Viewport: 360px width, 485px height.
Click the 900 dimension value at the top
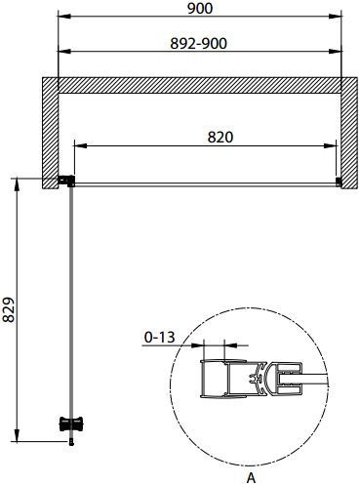[200, 8]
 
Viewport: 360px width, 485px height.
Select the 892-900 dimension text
[199, 44]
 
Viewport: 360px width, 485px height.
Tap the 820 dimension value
[220, 137]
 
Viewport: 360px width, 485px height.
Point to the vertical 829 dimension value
[9, 309]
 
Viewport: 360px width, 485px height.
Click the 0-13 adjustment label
[159, 338]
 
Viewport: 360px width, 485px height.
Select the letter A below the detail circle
[251, 477]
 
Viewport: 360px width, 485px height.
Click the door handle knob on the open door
[71, 424]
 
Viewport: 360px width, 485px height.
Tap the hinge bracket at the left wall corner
[66, 181]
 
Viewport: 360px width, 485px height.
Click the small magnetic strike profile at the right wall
[339, 182]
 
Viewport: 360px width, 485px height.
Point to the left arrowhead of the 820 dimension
[81, 145]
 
